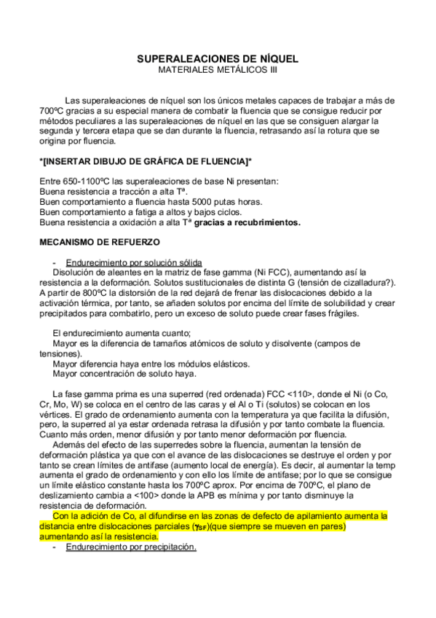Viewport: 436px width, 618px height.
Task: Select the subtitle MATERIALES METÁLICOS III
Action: pyautogui.click(x=218, y=70)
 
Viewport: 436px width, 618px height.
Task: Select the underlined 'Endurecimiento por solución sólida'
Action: pyautogui.click(x=133, y=263)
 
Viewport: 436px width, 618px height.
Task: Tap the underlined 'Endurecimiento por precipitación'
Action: pyautogui.click(x=131, y=547)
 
